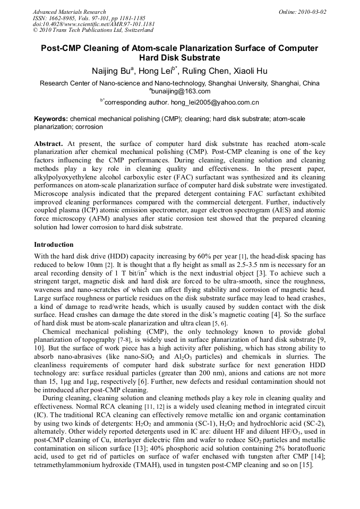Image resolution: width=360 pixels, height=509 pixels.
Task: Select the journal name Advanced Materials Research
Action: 70,12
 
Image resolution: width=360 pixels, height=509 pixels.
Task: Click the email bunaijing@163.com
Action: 181,91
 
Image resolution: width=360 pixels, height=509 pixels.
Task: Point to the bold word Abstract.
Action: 49,144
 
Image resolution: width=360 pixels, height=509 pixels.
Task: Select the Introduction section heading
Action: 54,245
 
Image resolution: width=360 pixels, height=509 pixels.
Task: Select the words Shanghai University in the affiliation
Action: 240,83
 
